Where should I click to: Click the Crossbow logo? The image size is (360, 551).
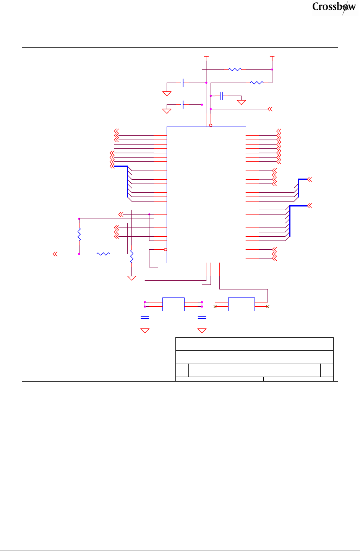(334, 7)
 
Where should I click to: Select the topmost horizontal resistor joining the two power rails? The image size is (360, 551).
(235, 70)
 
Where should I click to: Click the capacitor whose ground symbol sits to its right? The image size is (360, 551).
(222, 96)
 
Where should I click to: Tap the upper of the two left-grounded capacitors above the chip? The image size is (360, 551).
(182, 83)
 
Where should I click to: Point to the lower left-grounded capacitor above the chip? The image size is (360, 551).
(182, 104)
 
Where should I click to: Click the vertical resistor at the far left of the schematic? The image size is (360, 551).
(79, 234)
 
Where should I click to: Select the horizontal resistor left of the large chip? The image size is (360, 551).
(103, 254)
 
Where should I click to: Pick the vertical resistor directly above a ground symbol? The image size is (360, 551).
(131, 256)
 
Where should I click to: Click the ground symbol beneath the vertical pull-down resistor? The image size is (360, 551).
(131, 278)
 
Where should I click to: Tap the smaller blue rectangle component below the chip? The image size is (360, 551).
(174, 304)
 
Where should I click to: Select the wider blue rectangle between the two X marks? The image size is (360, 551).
(241, 304)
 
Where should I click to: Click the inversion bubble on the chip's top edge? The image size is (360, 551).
(211, 125)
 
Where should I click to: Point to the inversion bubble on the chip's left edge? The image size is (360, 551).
(165, 249)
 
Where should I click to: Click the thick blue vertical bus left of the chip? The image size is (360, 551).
(127, 182)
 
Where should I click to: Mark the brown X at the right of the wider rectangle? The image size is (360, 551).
(268, 307)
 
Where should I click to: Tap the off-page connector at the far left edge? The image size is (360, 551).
(55, 254)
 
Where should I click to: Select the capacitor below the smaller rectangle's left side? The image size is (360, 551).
(145, 317)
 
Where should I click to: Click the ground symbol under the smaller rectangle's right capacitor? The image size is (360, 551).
(202, 331)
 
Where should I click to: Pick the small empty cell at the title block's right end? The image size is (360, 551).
(327, 370)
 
